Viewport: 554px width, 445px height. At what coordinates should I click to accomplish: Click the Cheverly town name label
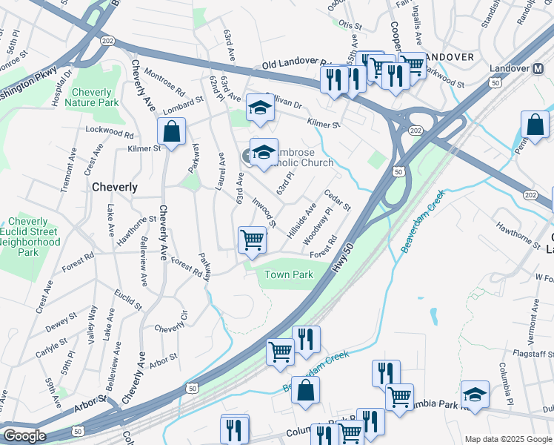114,188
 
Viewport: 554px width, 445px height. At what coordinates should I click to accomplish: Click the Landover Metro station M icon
539,69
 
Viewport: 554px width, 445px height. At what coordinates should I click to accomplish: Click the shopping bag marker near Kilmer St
171,133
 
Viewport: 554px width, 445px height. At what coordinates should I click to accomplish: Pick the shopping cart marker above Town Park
252,240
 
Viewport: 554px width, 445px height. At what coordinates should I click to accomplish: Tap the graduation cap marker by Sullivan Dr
260,108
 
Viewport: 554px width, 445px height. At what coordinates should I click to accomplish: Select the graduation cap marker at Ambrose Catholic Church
264,152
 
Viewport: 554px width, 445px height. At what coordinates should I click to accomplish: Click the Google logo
24,436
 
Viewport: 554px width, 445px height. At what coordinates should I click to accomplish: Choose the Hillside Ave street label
302,219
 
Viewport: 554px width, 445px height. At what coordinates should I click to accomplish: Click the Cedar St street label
336,200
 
